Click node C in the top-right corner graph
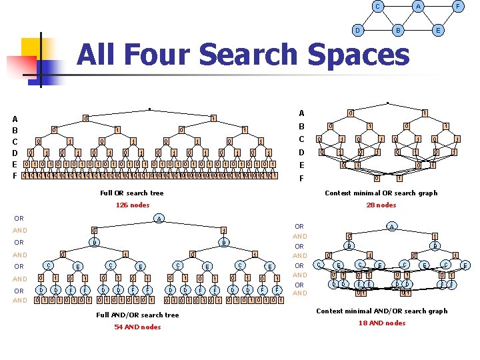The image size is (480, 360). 378,7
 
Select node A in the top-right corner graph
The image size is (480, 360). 418,7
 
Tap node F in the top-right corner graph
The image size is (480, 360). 457,7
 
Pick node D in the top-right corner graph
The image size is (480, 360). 358,31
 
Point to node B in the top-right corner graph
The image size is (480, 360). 398,31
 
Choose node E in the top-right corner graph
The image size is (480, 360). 438,31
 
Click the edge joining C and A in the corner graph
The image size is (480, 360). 398,7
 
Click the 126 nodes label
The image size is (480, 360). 133,205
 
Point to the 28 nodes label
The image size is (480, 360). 381,205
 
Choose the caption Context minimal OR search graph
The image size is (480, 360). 381,193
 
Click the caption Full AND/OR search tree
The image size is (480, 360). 138,315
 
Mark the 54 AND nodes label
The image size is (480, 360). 137,327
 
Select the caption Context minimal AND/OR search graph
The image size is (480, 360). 382,311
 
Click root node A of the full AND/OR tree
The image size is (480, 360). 159,219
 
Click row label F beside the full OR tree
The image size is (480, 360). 15,176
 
